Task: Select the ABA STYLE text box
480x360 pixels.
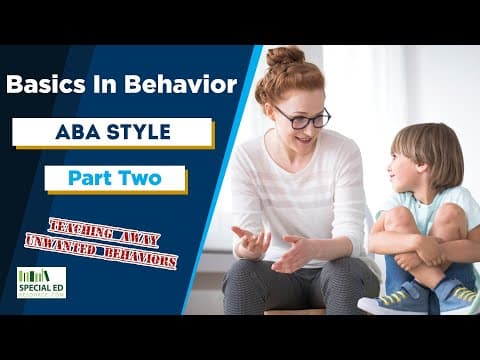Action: coord(113,132)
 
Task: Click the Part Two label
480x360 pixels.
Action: coord(115,179)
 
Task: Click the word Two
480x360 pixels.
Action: coord(141,179)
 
